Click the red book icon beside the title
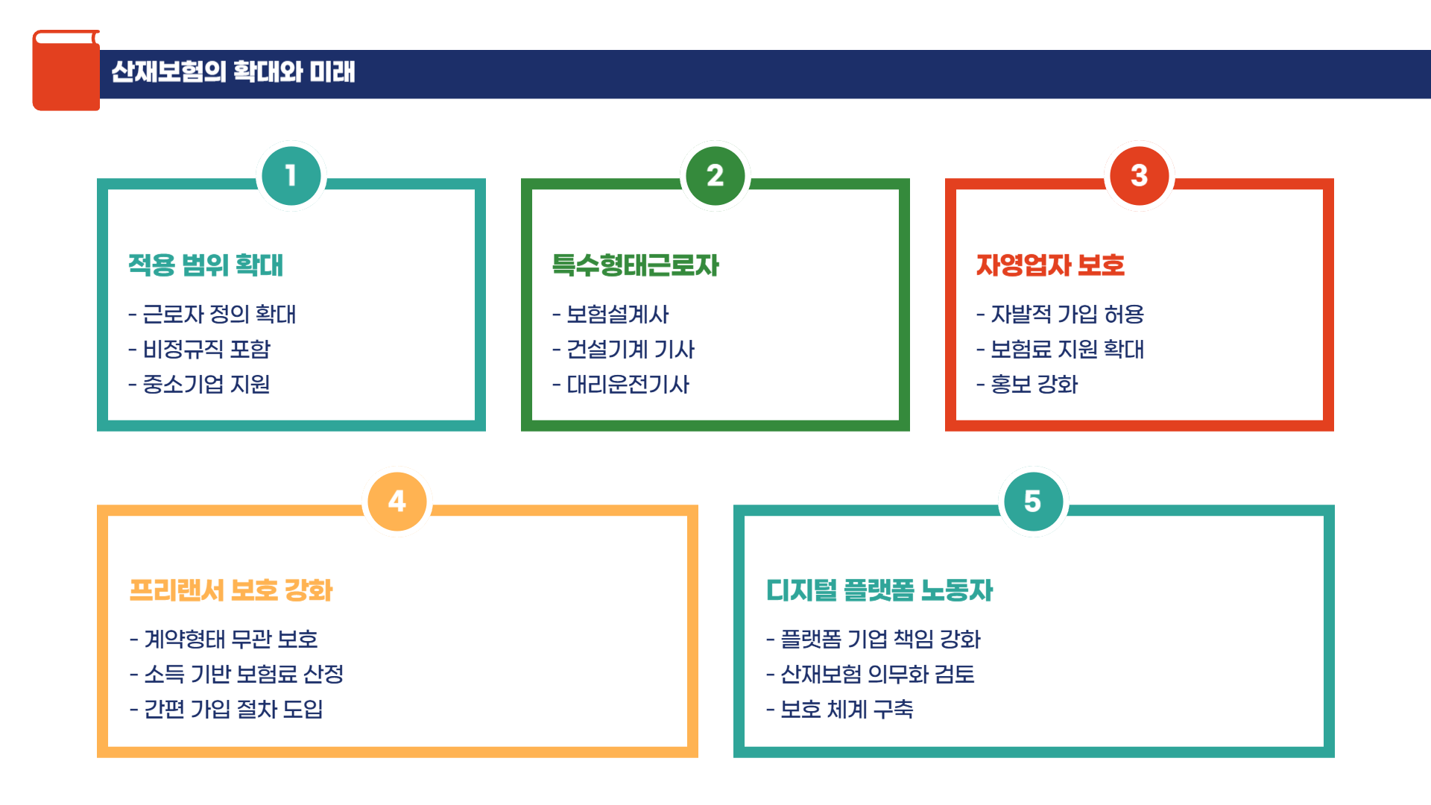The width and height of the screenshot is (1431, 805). [x=66, y=71]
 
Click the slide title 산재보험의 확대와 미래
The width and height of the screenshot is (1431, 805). [x=233, y=72]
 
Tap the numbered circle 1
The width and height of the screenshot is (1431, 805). [x=291, y=176]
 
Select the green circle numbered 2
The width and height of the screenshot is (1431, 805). [x=715, y=176]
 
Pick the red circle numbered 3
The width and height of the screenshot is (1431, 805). [x=1139, y=176]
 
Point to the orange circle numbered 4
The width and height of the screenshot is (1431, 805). [x=397, y=502]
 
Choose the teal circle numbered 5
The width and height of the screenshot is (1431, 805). [x=1032, y=502]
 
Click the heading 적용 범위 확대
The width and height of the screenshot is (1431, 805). [x=206, y=265]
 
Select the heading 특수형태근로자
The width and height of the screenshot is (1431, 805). [x=635, y=265]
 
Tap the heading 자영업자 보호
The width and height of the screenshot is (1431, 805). [x=1050, y=265]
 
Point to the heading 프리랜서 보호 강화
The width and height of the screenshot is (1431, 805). [x=231, y=590]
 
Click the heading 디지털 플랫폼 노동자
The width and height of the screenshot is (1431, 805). [x=879, y=590]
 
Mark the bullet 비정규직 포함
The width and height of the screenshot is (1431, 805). [x=206, y=350]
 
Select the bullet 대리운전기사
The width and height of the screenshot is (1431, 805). [x=628, y=385]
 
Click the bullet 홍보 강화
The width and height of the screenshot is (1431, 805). [x=1034, y=385]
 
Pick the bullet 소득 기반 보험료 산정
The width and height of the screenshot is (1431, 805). [x=243, y=675]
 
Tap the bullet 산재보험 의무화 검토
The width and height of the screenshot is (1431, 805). [x=877, y=675]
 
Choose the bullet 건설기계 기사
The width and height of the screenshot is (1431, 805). [x=631, y=350]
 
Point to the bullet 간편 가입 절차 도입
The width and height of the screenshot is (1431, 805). [x=233, y=710]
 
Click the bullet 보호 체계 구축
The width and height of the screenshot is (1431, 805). [x=847, y=710]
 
